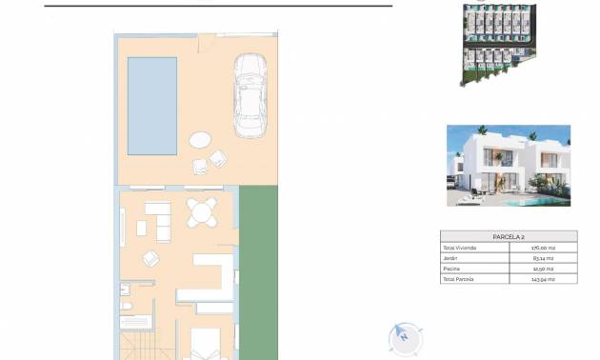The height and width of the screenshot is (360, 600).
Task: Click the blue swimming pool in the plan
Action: (152, 105)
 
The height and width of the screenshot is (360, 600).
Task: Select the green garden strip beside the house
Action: (258, 271)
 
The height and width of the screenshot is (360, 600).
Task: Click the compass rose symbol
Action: (405, 336)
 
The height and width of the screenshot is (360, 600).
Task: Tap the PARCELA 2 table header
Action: (509, 236)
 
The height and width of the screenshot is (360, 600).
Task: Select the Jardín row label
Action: (450, 258)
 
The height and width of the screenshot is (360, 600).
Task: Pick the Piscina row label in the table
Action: (451, 269)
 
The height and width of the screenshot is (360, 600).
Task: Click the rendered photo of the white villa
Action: (509, 165)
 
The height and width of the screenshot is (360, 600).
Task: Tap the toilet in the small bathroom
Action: (126, 290)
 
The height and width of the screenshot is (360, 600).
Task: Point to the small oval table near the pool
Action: (202, 140)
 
